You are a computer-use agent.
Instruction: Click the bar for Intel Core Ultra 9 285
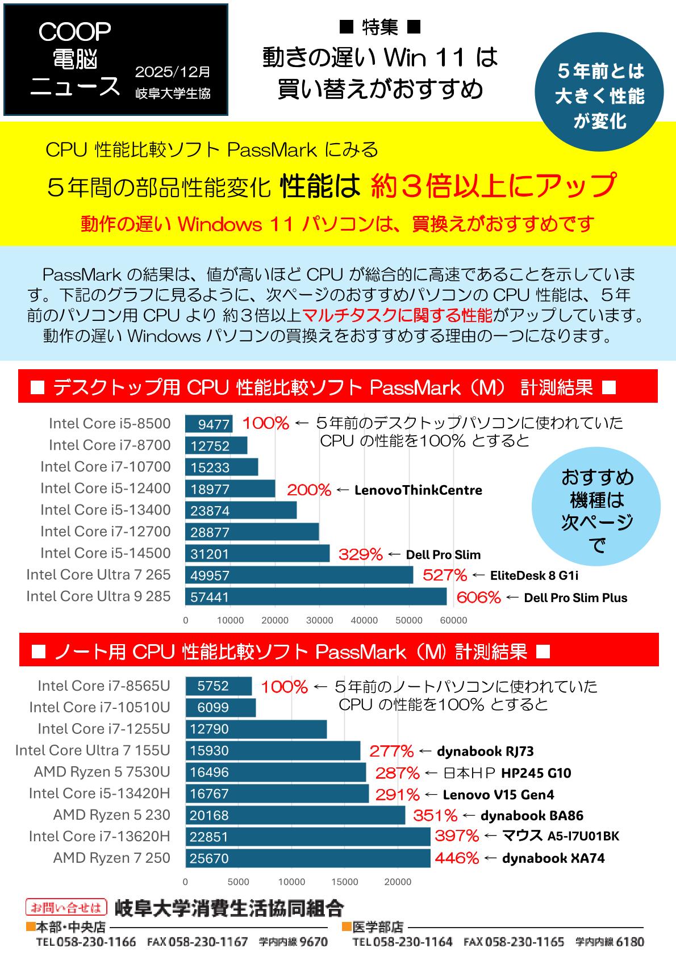[x=315, y=596]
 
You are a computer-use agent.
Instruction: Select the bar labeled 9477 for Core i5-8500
[x=208, y=424]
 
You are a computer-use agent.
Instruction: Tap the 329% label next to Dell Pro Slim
[x=360, y=554]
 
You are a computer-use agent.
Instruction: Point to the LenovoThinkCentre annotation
[x=418, y=490]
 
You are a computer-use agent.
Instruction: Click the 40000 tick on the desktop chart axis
[x=364, y=620]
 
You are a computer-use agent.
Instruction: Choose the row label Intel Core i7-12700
[x=105, y=532]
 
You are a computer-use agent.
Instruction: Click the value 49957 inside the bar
[x=210, y=575]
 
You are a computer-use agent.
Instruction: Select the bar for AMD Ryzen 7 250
[x=307, y=858]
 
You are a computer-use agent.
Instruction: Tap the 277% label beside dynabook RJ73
[x=391, y=751]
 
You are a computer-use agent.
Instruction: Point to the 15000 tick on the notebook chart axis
[x=344, y=882]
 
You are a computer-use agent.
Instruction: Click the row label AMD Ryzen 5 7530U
[x=102, y=772]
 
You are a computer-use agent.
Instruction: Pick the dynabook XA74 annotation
[x=553, y=858]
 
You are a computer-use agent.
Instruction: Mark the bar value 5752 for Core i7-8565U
[x=213, y=686]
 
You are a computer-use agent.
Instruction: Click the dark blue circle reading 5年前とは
[x=599, y=96]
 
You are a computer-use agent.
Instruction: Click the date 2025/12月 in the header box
[x=172, y=72]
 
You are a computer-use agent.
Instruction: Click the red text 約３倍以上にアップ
[x=493, y=185]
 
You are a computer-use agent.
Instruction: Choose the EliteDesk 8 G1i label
[x=534, y=575]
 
